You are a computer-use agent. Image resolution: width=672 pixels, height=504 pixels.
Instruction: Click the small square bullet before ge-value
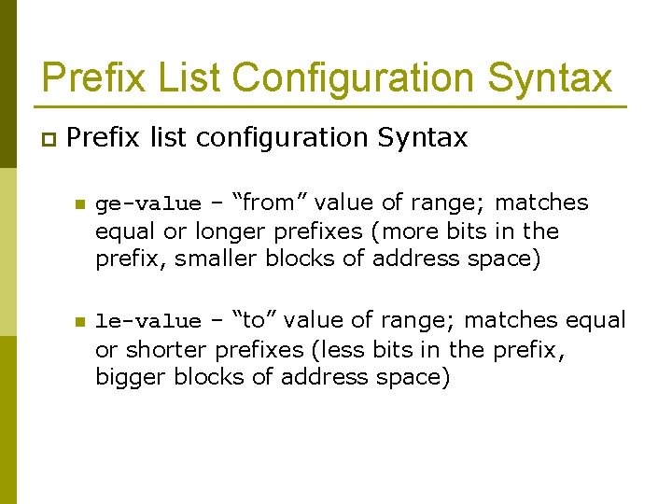pos(79,204)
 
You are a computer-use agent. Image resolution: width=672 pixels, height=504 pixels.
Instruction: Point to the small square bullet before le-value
pos(79,322)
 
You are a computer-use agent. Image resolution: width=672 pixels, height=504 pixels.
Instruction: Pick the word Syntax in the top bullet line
pos(422,138)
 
